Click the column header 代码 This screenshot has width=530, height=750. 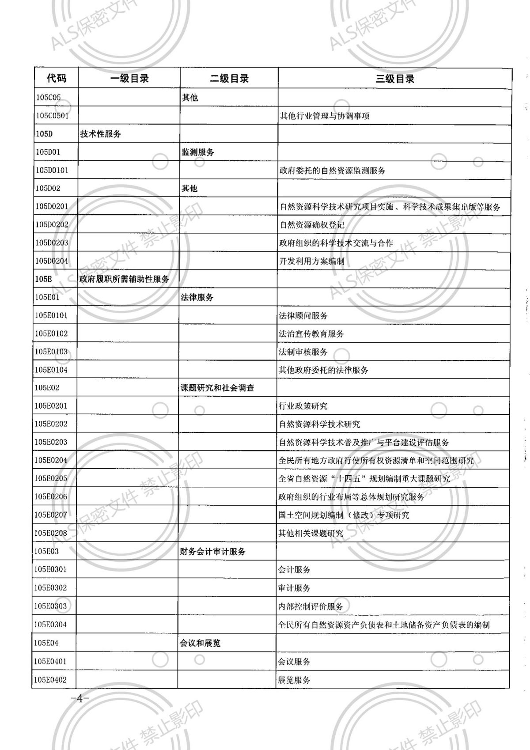[57, 79]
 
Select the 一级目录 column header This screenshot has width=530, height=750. [129, 79]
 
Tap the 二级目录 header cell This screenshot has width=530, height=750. [229, 79]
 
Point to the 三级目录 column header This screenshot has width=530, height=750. [395, 79]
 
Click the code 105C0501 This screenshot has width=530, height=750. [52, 116]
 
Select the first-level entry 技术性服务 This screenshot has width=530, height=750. [100, 134]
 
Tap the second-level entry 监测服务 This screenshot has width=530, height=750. [198, 152]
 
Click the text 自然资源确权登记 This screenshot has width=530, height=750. [312, 224]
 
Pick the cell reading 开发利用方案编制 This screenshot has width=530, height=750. [312, 261]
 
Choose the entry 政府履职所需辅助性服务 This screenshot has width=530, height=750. [124, 279]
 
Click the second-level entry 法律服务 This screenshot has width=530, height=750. [197, 297]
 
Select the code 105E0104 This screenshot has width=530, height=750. [51, 370]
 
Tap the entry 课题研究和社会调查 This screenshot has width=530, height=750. [217, 388]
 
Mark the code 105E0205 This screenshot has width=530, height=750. [51, 478]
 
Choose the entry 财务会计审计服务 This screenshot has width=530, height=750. [212, 551]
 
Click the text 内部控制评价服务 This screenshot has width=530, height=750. [310, 606]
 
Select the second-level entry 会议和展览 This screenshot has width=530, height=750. [200, 643]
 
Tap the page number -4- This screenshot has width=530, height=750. [80, 699]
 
